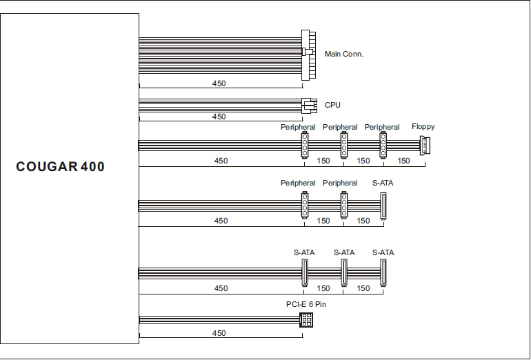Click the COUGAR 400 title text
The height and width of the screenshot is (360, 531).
[x=60, y=167]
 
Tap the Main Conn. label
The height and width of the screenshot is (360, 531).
[x=343, y=54]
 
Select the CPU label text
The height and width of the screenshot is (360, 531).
[x=332, y=105]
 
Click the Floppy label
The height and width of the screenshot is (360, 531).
[x=423, y=127]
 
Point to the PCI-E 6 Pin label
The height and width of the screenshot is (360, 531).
[x=306, y=304]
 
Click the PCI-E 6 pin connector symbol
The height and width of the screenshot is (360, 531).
[x=306, y=320]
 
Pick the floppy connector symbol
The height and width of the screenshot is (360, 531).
[x=425, y=146]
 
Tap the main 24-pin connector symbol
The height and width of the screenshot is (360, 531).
[x=308, y=55]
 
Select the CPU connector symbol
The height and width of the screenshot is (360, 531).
[x=309, y=106]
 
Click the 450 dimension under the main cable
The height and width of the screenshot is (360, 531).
[x=219, y=83]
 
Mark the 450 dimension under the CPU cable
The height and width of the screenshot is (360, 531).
[x=219, y=117]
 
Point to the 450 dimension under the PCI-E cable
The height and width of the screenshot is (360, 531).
[x=219, y=333]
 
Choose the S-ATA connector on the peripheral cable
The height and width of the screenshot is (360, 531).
[x=383, y=206]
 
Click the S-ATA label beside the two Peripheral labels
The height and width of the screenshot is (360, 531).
[x=383, y=183]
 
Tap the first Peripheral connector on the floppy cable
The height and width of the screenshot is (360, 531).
[x=305, y=145]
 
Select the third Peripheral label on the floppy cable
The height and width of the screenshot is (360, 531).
[x=382, y=127]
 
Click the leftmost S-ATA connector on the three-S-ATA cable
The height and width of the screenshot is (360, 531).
[x=305, y=272]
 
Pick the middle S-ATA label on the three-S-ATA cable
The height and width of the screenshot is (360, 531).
[x=344, y=252]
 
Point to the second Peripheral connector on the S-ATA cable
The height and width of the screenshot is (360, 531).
[x=343, y=205]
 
